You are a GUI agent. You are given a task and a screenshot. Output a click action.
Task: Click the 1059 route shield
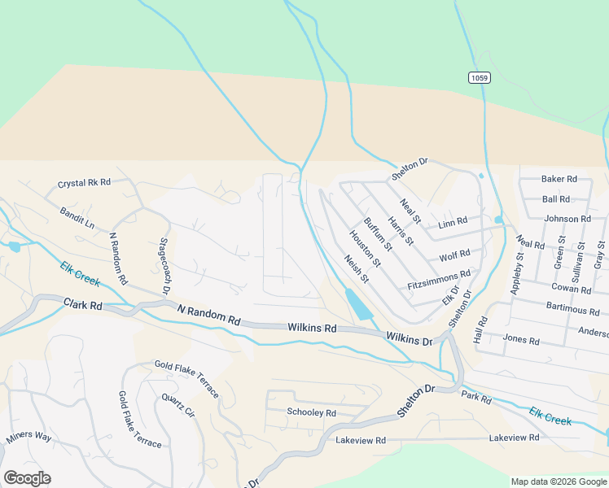(480, 77)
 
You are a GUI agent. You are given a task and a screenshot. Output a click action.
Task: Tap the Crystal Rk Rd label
(83, 184)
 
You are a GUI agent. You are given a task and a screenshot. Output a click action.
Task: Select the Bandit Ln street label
(77, 217)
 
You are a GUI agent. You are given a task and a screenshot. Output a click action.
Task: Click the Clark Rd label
(84, 306)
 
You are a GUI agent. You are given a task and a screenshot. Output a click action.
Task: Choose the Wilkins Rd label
(312, 327)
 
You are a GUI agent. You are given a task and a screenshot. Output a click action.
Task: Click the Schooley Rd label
(311, 412)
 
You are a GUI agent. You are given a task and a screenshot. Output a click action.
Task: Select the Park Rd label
(476, 399)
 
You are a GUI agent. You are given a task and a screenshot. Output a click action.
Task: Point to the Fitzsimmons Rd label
(439, 281)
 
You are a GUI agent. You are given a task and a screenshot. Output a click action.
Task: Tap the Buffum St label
(378, 233)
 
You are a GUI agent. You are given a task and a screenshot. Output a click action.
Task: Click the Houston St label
(365, 248)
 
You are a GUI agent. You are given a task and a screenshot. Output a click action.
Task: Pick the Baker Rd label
(559, 179)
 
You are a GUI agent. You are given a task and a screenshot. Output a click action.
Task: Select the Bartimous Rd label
(573, 311)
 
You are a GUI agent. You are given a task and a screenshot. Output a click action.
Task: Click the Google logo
(27, 478)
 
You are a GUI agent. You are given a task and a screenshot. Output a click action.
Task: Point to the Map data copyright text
(559, 481)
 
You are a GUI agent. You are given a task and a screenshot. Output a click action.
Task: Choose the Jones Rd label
(521, 341)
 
